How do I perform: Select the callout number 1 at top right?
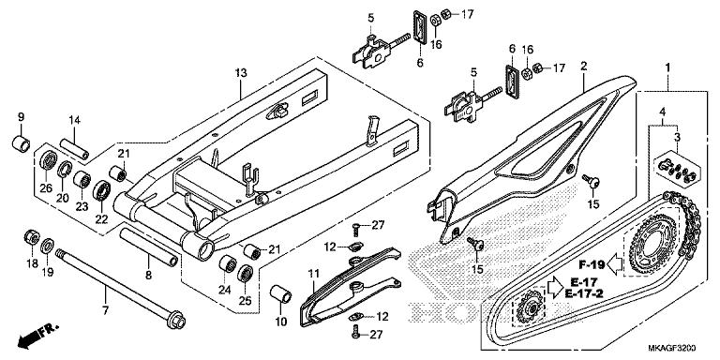pos(667,67)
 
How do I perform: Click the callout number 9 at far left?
pos(20,116)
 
